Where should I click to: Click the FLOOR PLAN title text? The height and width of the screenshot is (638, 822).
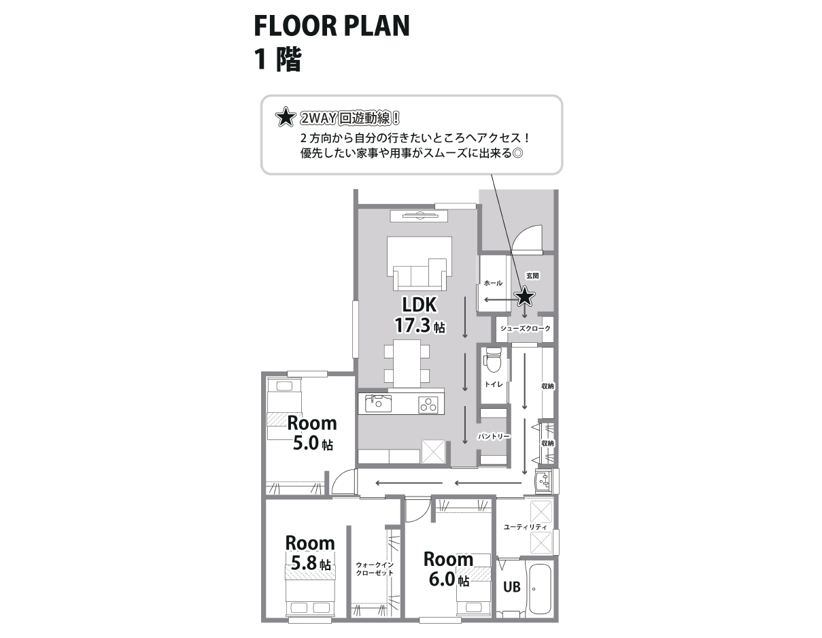click(x=331, y=27)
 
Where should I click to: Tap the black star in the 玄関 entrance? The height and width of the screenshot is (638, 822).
click(x=524, y=297)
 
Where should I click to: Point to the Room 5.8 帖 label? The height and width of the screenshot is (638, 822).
click(x=310, y=553)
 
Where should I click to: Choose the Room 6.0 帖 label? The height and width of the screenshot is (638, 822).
click(x=448, y=569)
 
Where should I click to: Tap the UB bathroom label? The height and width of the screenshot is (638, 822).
click(x=511, y=586)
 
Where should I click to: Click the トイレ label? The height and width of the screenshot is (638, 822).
click(x=494, y=384)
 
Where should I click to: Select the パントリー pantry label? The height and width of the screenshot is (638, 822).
click(x=494, y=436)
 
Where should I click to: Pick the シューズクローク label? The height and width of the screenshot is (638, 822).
click(x=525, y=329)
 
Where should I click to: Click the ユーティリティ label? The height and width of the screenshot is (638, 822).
click(x=525, y=527)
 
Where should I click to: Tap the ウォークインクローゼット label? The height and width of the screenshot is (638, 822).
click(x=375, y=569)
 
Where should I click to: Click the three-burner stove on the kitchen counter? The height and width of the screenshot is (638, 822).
click(x=428, y=405)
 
